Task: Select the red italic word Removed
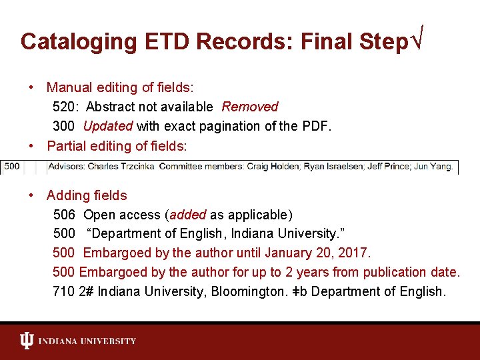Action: point(250,107)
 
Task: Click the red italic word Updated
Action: point(108,126)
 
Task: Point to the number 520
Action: point(64,107)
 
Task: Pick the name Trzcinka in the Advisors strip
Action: point(133,166)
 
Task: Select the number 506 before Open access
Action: point(64,215)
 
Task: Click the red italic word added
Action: point(187,215)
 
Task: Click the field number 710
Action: point(64,291)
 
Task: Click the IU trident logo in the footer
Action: point(27,341)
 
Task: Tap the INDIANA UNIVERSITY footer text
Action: point(87,341)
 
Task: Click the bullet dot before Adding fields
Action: point(32,195)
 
